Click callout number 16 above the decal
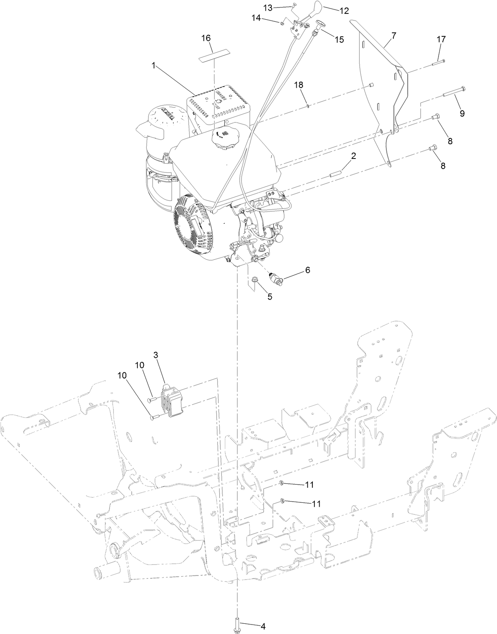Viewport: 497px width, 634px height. coord(206,38)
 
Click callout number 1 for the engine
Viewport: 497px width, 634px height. coord(153,66)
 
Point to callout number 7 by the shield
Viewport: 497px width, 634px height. coord(393,36)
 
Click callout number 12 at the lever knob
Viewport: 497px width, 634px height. coord(344,11)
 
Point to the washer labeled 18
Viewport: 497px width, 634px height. coord(307,105)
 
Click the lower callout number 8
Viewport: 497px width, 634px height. coord(442,166)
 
